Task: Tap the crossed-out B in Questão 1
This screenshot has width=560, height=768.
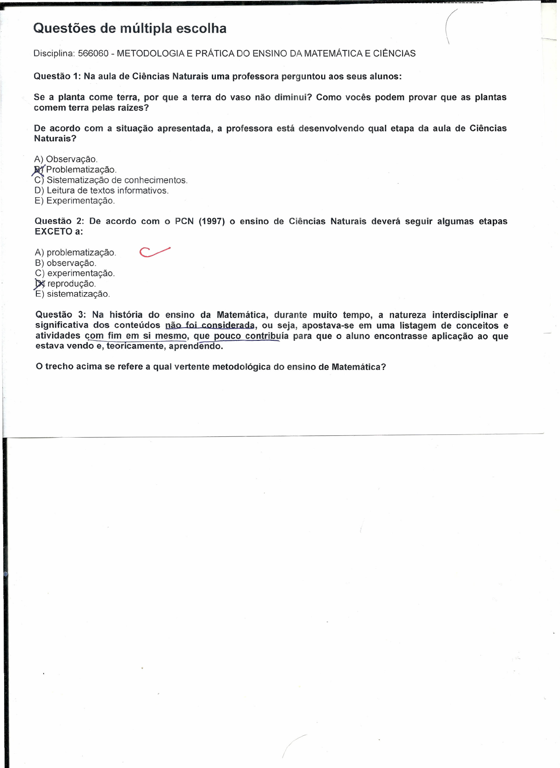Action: pyautogui.click(x=39, y=170)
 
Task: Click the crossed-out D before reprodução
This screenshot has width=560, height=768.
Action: pyautogui.click(x=40, y=284)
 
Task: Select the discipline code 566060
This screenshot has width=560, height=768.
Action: pyautogui.click(x=93, y=54)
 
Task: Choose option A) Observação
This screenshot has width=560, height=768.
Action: pyautogui.click(x=66, y=159)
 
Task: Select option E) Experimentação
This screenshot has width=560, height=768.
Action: pyautogui.click(x=75, y=201)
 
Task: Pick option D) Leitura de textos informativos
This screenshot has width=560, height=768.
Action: pyautogui.click(x=101, y=190)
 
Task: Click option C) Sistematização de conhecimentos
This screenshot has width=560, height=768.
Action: pyautogui.click(x=111, y=180)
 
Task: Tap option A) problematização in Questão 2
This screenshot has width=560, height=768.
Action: pyautogui.click(x=75, y=252)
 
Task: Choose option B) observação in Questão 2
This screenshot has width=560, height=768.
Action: pyautogui.click(x=66, y=263)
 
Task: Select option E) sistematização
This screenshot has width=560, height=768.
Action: pyautogui.click(x=73, y=294)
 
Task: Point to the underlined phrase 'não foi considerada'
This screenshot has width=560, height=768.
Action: pyautogui.click(x=210, y=325)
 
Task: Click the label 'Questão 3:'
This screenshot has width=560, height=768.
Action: pyautogui.click(x=60, y=315)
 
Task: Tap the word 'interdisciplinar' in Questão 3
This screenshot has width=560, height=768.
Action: pyautogui.click(x=465, y=315)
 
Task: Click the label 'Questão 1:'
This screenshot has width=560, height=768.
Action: pyautogui.click(x=57, y=76)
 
